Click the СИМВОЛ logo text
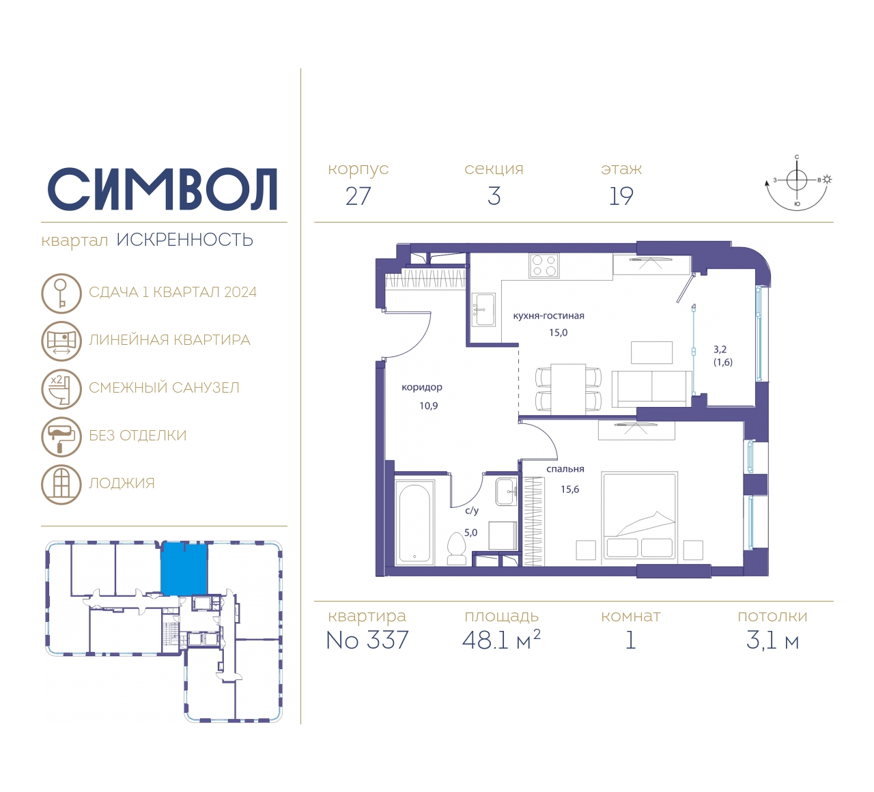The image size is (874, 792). pos(162,189)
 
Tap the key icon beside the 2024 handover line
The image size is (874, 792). pos(61,293)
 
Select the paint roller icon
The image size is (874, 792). pos(61,436)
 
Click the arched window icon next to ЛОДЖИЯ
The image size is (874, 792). pos(61,485)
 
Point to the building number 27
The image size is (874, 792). pos(358,197)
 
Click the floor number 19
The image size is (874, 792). pos(621,197)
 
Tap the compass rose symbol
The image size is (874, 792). pos(798,184)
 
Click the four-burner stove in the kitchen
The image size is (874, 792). pos(544,266)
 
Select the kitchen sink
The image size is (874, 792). pos(483,310)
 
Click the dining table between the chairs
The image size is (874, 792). pos(568,389)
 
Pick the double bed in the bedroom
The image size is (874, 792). pos(640,515)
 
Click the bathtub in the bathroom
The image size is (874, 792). pos(414,522)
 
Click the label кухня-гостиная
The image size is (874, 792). pos(548,316)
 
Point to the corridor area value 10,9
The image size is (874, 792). pos(429,406)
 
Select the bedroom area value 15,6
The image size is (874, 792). pos(570,490)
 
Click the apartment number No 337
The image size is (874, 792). pos(367,640)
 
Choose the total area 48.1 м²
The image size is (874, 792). pos(501,639)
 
